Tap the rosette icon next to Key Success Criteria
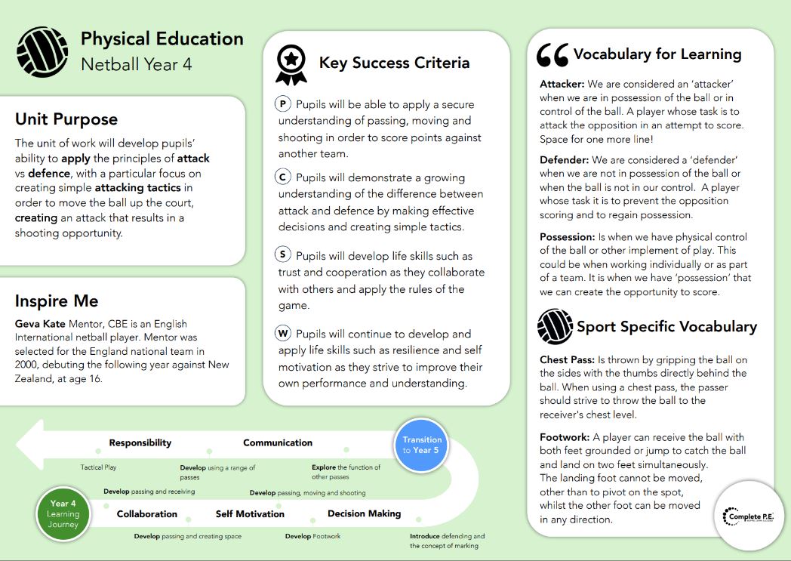pos(291,64)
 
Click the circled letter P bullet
pos(283,104)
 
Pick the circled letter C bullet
pos(283,177)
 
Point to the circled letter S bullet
pos(283,255)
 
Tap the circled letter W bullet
pos(283,333)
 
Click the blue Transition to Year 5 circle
pos(422,445)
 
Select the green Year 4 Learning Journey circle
pos(63,514)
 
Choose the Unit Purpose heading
pos(66,119)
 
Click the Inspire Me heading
pos(57,301)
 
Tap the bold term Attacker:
pos(562,84)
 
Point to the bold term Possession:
pos(567,237)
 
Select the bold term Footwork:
pos(565,437)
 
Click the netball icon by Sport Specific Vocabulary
pos(555,327)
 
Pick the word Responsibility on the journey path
pos(140,443)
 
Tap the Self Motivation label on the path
pos(250,514)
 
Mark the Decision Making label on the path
pos(364,514)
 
